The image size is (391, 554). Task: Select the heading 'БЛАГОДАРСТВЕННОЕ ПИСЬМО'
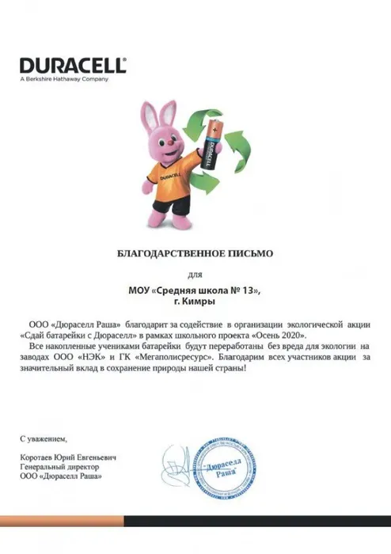click(x=195, y=254)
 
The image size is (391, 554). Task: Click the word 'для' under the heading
click(x=195, y=275)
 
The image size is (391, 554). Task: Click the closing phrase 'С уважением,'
click(x=44, y=438)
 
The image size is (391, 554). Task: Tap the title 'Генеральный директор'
click(x=57, y=467)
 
